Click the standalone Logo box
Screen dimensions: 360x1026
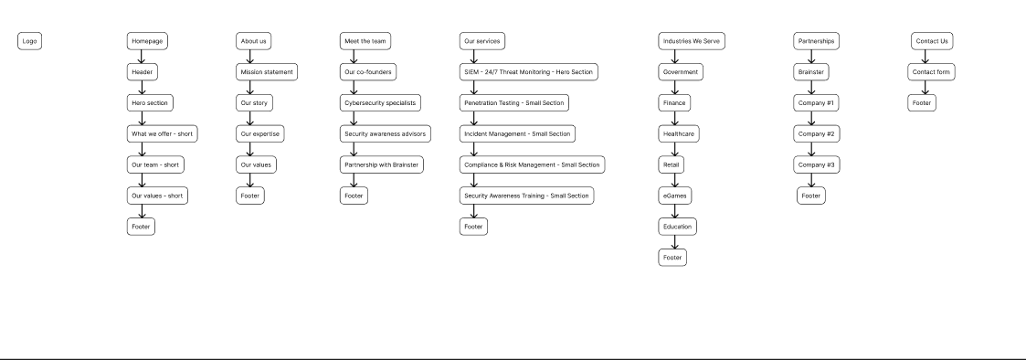pyautogui.click(x=30, y=41)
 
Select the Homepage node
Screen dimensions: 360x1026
pyautogui.click(x=147, y=41)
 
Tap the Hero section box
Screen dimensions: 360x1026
pyautogui.click(x=150, y=103)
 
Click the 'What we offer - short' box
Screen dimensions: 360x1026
pyautogui.click(x=161, y=134)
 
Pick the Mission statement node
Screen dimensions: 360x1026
pyautogui.click(x=267, y=72)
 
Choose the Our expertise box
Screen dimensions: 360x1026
pyautogui.click(x=260, y=134)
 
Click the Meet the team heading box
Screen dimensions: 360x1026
pyautogui.click(x=365, y=41)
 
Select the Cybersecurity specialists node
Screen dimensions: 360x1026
pyautogui.click(x=380, y=103)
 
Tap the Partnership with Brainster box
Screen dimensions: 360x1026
pyautogui.click(x=381, y=164)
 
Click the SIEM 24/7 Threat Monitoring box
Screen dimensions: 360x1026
pyautogui.click(x=529, y=72)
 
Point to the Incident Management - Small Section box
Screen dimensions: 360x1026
pyautogui.click(x=517, y=134)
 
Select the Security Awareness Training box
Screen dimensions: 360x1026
pyautogui.click(x=526, y=196)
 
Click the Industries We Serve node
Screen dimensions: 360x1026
pyautogui.click(x=692, y=41)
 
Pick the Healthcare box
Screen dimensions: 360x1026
pyautogui.click(x=678, y=134)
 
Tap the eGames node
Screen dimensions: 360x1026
pyautogui.click(x=675, y=196)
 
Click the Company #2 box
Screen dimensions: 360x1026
pyautogui.click(x=816, y=134)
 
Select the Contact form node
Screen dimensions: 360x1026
pyautogui.click(x=932, y=72)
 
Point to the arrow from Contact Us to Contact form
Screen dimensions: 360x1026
pyautogui.click(x=925, y=57)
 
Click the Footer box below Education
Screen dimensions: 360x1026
pyautogui.click(x=672, y=258)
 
